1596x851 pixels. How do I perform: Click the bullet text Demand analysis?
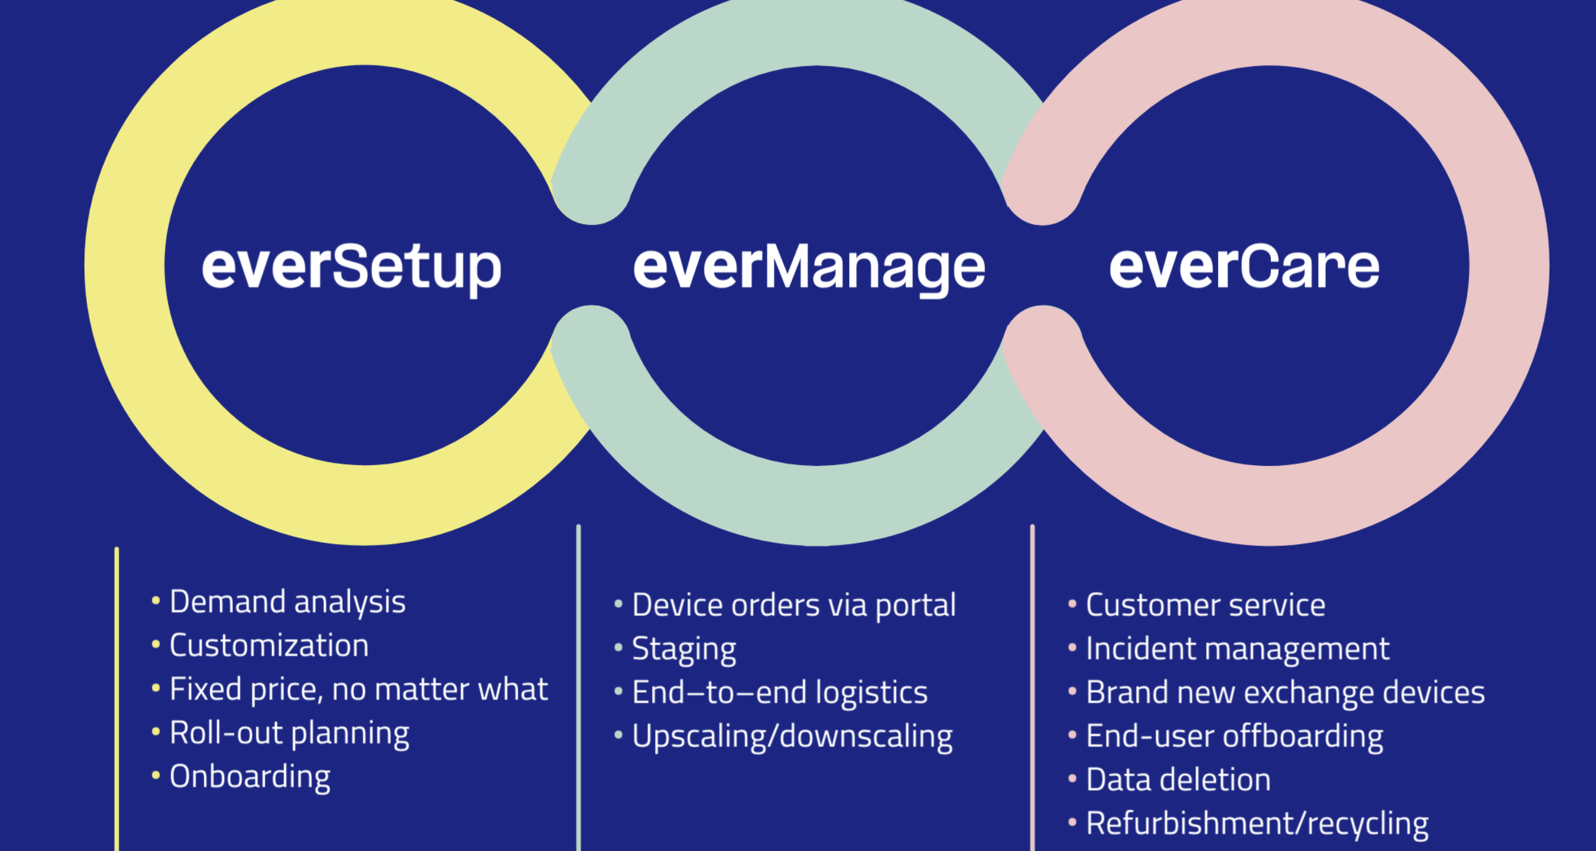[287, 602]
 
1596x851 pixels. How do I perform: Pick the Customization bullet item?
[269, 646]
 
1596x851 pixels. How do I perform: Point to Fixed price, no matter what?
[359, 689]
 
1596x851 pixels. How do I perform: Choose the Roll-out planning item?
[290, 733]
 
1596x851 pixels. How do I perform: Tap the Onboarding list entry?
[250, 776]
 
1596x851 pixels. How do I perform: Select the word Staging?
[684, 649]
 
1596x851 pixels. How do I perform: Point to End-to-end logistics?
[780, 692]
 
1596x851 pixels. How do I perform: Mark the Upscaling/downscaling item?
[792, 736]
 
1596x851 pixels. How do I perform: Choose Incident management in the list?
[1237, 649]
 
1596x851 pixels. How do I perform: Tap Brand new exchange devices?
[1285, 692]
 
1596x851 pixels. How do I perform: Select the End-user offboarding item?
[1234, 736]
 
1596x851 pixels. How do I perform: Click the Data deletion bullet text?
[1178, 779]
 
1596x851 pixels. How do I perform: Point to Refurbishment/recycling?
[1257, 823]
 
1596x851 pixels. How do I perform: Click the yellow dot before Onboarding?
[156, 775]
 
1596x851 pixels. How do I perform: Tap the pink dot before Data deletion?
[1072, 778]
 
